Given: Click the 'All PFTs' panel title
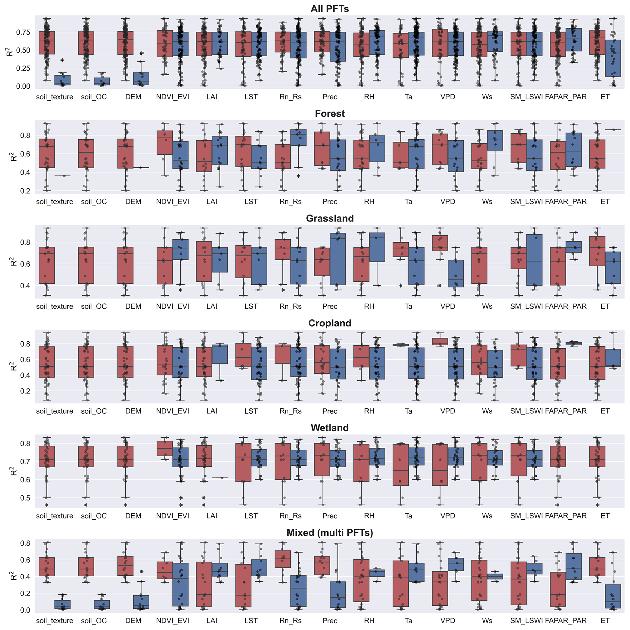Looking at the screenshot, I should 329,9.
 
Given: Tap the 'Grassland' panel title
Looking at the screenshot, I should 329,218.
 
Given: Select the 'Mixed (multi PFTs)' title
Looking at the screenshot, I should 329,532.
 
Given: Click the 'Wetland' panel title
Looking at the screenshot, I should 329,428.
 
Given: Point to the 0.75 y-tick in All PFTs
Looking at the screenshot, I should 23,32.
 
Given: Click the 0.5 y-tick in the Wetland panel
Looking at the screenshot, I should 25,498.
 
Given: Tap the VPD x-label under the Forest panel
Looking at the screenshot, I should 447,201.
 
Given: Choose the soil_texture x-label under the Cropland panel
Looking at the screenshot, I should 55,411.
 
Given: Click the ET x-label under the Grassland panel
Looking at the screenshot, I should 605,307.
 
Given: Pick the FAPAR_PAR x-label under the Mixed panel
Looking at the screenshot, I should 565,621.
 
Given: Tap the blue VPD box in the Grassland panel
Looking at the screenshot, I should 456,273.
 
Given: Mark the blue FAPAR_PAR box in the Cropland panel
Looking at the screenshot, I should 574,344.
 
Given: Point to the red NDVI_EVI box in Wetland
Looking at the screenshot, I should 165,448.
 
